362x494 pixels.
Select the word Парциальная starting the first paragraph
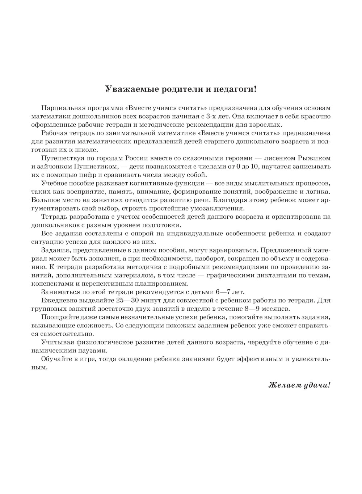click(61, 108)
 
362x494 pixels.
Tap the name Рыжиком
click(314, 158)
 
